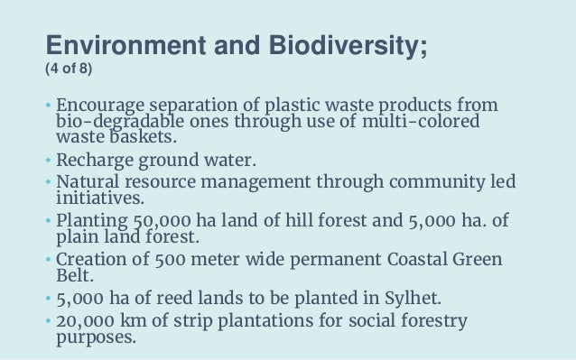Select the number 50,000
point(157,220)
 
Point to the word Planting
point(91,220)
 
